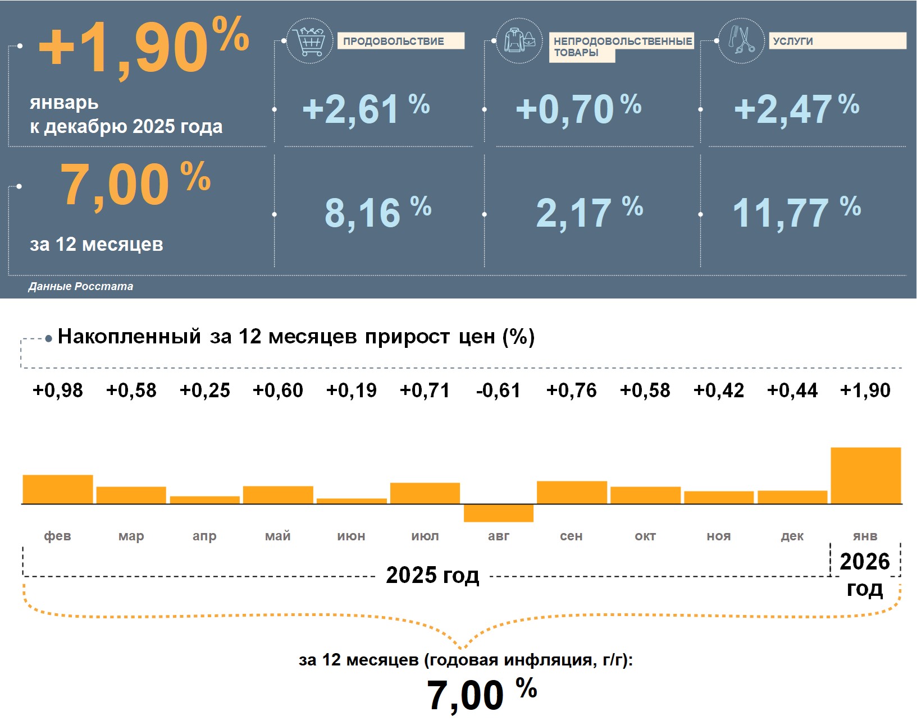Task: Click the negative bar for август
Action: pos(498,513)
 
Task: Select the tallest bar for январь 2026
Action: pos(865,475)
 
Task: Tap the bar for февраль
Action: pos(58,489)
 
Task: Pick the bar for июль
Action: pos(425,493)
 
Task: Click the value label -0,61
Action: pos(498,391)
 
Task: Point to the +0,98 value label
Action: pos(58,391)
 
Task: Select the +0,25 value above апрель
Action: pos(204,391)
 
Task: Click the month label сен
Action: pos(571,536)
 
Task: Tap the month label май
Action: pos(278,536)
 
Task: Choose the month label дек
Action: pos(792,536)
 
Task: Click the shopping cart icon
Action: pos(309,41)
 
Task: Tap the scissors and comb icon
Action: pos(741,40)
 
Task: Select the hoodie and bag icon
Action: pos(519,40)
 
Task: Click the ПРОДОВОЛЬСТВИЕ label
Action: pos(400,41)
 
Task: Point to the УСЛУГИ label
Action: pos(837,41)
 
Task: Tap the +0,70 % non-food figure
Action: pos(578,108)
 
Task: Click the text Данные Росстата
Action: pos(81,286)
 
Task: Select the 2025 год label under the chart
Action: pos(432,575)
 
